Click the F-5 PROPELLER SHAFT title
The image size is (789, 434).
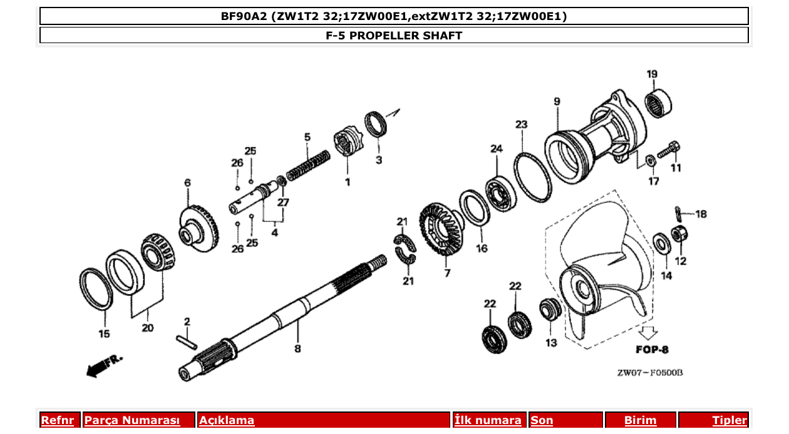coord(394,35)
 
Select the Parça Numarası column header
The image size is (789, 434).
coord(132,420)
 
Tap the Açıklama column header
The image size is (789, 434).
coord(227,420)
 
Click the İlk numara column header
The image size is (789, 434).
coord(488,420)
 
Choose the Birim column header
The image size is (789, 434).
coord(640,420)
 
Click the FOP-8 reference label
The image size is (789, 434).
coord(652,349)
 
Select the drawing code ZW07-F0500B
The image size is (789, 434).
coord(649,373)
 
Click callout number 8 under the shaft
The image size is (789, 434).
coord(297,348)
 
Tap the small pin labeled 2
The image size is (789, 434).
coord(187,342)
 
